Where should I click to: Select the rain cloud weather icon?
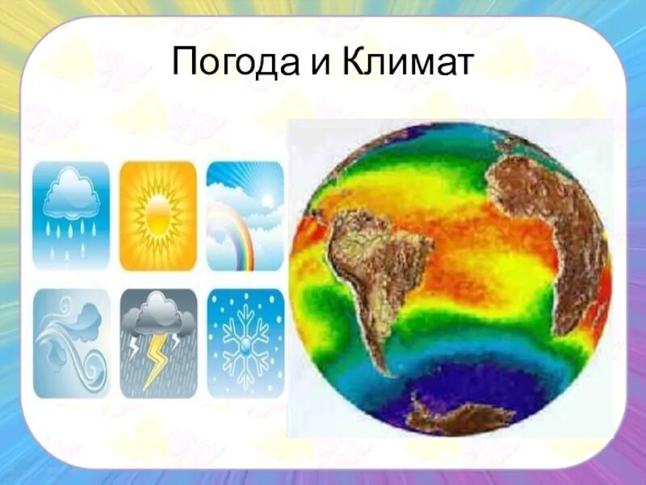[x=71, y=215]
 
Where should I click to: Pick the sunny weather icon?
[x=158, y=215]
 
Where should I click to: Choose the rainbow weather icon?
[x=245, y=215]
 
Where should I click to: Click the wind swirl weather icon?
[x=71, y=343]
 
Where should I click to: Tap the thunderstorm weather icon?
[x=158, y=343]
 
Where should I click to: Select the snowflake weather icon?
[x=245, y=343]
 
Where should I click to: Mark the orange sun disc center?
[x=158, y=215]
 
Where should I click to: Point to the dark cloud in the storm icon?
[x=157, y=315]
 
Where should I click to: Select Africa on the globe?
[x=549, y=218]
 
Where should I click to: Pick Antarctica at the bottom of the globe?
[x=460, y=416]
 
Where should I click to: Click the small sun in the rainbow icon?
[x=267, y=199]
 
